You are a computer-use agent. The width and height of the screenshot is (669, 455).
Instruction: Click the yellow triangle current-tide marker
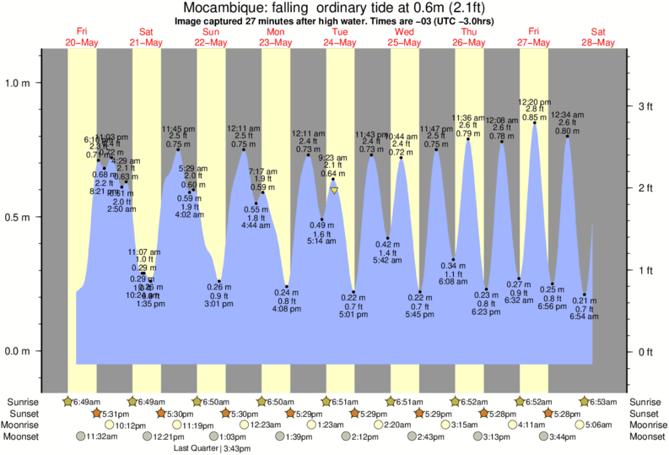pos(335,191)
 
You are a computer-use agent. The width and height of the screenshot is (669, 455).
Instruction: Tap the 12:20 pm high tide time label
pos(534,102)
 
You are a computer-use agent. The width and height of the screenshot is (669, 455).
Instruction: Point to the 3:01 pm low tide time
pos(219,306)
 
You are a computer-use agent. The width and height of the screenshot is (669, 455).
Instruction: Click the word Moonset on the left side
pos(24,436)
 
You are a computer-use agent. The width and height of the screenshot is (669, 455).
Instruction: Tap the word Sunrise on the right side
pos(645,401)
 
